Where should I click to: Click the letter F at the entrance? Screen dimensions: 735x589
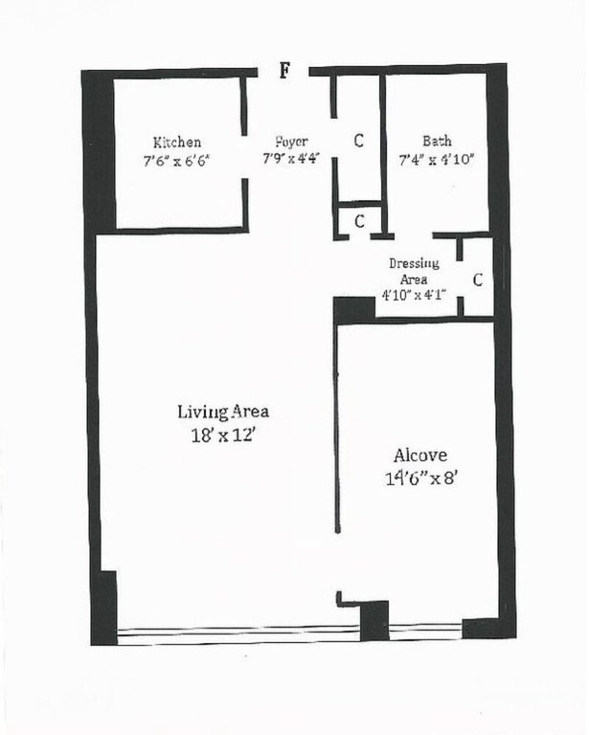pos(284,72)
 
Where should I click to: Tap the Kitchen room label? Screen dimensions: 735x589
pos(177,142)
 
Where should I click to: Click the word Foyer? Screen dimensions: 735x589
pos(292,142)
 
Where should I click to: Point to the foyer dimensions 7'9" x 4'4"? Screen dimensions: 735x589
pos(292,159)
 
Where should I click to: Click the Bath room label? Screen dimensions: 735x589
pos(437,141)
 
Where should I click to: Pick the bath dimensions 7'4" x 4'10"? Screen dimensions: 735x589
pos(436,159)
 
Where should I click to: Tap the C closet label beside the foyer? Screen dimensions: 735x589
pos(359,141)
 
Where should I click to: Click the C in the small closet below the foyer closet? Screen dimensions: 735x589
pos(359,222)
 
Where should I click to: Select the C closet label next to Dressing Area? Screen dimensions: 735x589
pos(478,280)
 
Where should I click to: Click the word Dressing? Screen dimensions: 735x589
pos(414,263)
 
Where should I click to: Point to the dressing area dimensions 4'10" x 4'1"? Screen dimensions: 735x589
pos(414,295)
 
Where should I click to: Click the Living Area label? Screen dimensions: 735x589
pos(223,411)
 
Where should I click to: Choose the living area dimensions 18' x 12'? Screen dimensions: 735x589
pos(223,435)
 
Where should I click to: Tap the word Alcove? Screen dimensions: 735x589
pos(420,455)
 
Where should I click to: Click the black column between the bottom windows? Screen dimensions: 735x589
pos(375,621)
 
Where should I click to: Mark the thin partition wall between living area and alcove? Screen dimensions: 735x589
pos(337,427)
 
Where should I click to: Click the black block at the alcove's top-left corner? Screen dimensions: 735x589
pos(354,310)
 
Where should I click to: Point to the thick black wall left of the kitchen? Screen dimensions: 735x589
pos(100,152)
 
